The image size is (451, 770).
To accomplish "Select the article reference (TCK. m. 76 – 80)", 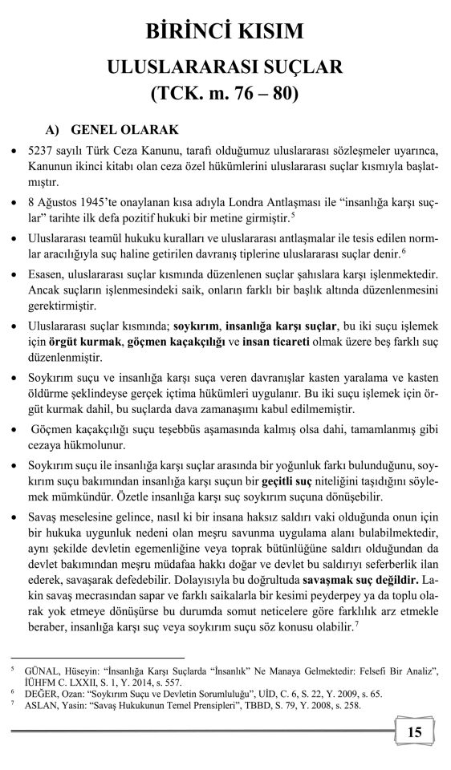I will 225,94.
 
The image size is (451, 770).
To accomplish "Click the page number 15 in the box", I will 415,731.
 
